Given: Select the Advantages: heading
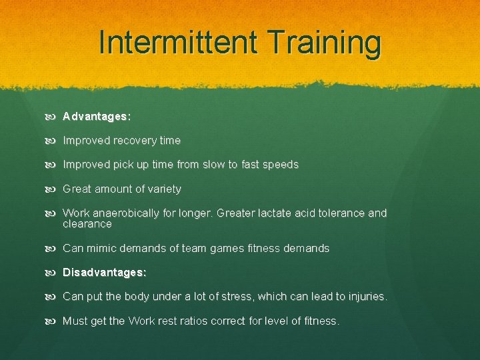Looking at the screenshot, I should tap(97, 117).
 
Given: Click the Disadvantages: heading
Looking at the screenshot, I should tap(105, 273).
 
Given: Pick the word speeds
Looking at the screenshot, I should tap(281, 165).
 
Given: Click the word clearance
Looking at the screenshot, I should tap(87, 225).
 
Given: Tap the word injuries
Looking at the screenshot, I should tap(365, 297).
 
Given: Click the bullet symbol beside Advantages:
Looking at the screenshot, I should tap(53, 117).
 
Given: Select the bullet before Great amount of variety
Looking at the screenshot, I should tap(53, 189).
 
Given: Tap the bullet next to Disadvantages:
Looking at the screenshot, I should tap(53, 273).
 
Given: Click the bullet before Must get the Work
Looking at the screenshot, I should tap(53, 321).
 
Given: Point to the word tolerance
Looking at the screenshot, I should tap(339, 213).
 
